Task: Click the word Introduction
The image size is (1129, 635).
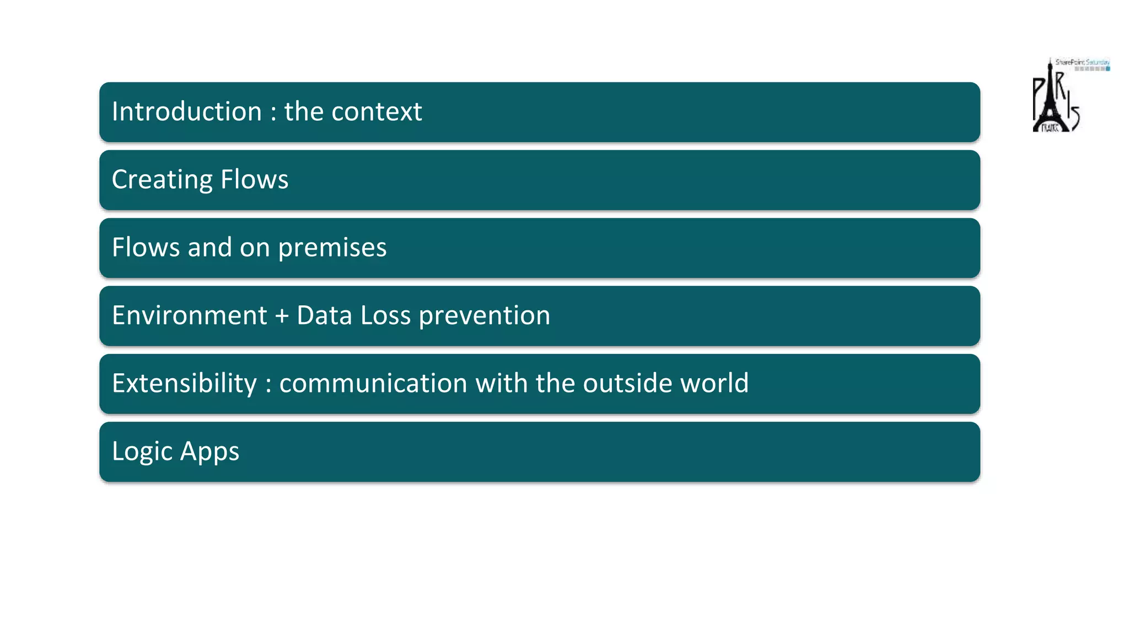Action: (186, 111)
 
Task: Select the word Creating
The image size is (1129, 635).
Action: (162, 180)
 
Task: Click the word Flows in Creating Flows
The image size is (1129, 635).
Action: (254, 180)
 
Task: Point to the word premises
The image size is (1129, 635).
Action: (332, 247)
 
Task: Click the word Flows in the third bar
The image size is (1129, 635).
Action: (146, 247)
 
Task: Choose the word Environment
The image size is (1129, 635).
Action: (189, 315)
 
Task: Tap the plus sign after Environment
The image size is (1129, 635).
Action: (282, 316)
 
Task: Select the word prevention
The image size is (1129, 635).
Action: (484, 315)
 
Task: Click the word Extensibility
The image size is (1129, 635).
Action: (184, 383)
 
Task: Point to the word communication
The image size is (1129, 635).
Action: (373, 383)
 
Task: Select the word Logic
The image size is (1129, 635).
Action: (142, 451)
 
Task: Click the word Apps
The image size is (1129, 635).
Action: (209, 451)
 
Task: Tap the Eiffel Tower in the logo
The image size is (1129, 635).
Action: (1050, 99)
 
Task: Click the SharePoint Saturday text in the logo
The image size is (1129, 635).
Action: (1082, 62)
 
